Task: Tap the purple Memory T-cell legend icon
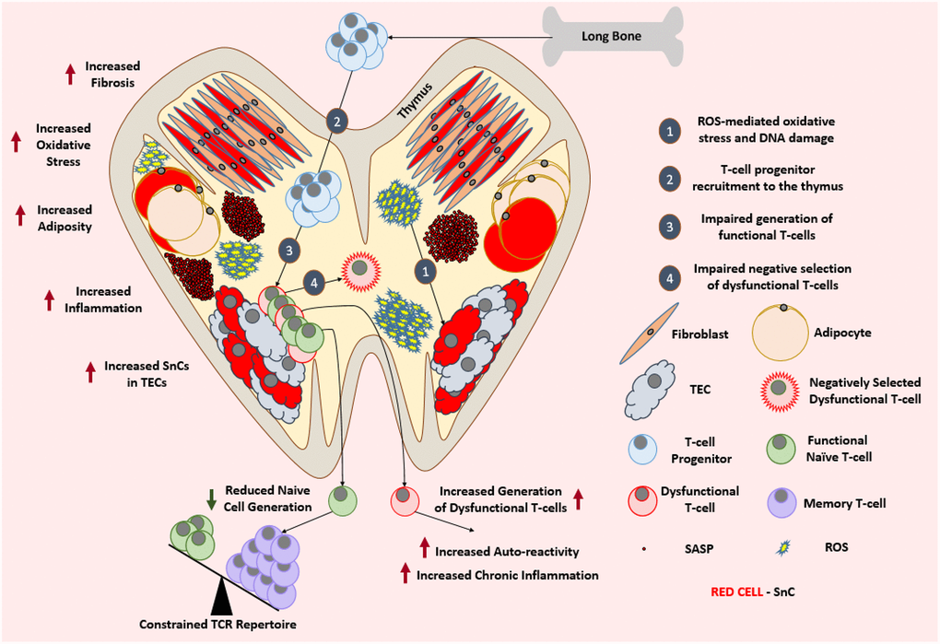782,502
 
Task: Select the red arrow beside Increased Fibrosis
70,74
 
